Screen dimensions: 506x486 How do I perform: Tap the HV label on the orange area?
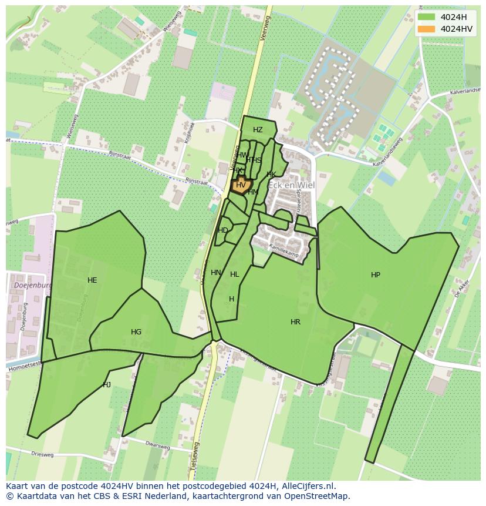241,185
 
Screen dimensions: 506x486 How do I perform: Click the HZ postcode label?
258,130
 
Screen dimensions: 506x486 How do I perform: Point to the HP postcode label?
376,275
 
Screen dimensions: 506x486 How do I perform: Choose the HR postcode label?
295,322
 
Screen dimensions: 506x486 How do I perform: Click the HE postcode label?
92,280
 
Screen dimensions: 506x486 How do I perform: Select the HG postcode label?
136,332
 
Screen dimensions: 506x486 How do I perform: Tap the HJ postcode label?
107,385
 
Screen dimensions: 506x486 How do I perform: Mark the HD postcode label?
223,230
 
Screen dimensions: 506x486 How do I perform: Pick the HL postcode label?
235,274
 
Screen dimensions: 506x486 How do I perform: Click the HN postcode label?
216,273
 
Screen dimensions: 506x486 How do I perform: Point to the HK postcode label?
271,175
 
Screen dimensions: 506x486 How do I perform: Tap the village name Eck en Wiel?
291,185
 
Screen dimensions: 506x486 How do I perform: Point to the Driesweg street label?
42,455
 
